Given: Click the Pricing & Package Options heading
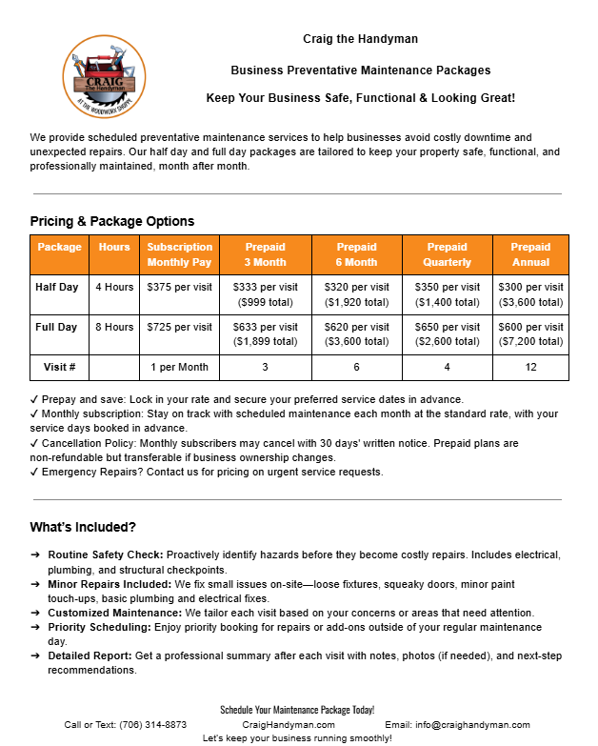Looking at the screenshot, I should click(x=112, y=221).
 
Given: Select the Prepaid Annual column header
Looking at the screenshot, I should click(x=530, y=254).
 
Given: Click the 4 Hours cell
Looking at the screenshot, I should click(x=114, y=287).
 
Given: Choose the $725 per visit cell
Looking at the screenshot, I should click(x=180, y=327).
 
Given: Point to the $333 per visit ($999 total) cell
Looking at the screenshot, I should click(x=266, y=294).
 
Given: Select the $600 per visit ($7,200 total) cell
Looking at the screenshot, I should click(x=530, y=334).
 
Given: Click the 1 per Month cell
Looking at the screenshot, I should click(x=180, y=367).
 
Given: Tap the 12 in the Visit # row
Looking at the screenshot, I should click(x=530, y=367).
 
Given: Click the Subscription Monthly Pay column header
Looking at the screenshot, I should click(x=180, y=254).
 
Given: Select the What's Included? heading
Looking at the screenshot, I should click(x=83, y=527).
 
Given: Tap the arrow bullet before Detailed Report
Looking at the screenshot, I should click(x=35, y=656).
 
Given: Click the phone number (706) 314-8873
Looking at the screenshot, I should click(x=152, y=725).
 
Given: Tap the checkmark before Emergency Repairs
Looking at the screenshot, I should click(x=34, y=472).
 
